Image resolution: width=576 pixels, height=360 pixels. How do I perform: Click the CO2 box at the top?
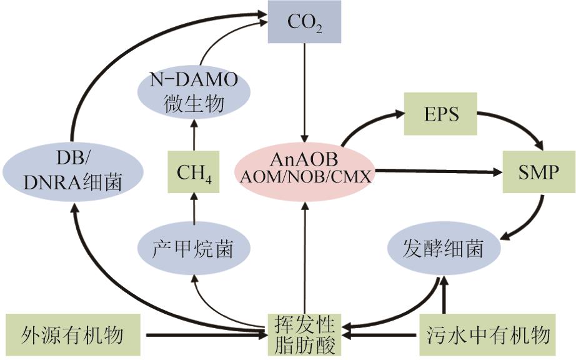coord(305,22)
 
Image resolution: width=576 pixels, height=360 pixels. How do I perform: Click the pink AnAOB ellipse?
coord(304,167)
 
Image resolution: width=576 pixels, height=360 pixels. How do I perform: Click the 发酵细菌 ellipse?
coord(444,249)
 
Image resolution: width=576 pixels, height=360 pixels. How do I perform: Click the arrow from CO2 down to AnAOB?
coord(305,94)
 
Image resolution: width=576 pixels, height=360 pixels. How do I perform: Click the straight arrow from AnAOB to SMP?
coord(437,171)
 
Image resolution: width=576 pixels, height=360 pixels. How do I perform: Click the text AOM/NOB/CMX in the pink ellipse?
coord(304,177)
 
